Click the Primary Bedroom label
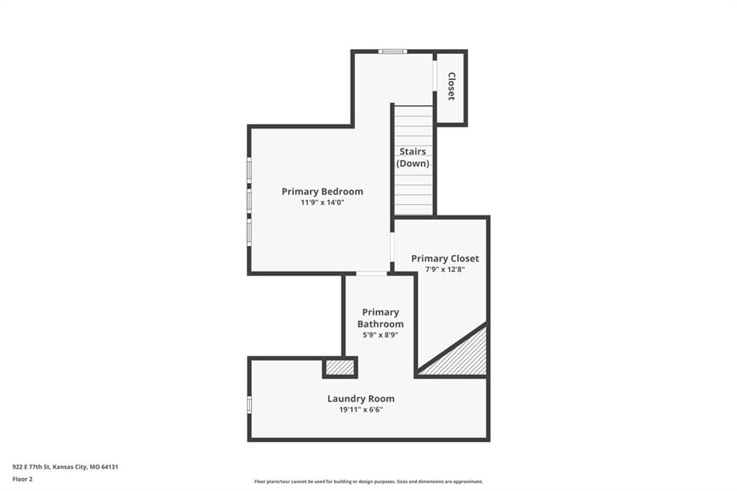pos(322,192)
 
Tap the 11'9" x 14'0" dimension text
pos(322,203)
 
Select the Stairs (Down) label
pos(412,157)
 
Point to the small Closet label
pos(451,86)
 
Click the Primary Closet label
pos(445,258)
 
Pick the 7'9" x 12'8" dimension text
pos(445,269)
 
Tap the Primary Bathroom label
pos(380,318)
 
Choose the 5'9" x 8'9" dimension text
pos(380,335)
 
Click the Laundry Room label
pos(361,398)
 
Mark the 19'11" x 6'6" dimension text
pos(361,410)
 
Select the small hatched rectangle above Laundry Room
pos(340,367)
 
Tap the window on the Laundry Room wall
pos(250,404)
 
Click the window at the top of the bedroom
pos(392,51)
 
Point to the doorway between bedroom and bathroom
pos(371,274)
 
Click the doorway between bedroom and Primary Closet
pos(392,248)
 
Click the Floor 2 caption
pos(22,479)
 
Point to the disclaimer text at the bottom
pos(368,482)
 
